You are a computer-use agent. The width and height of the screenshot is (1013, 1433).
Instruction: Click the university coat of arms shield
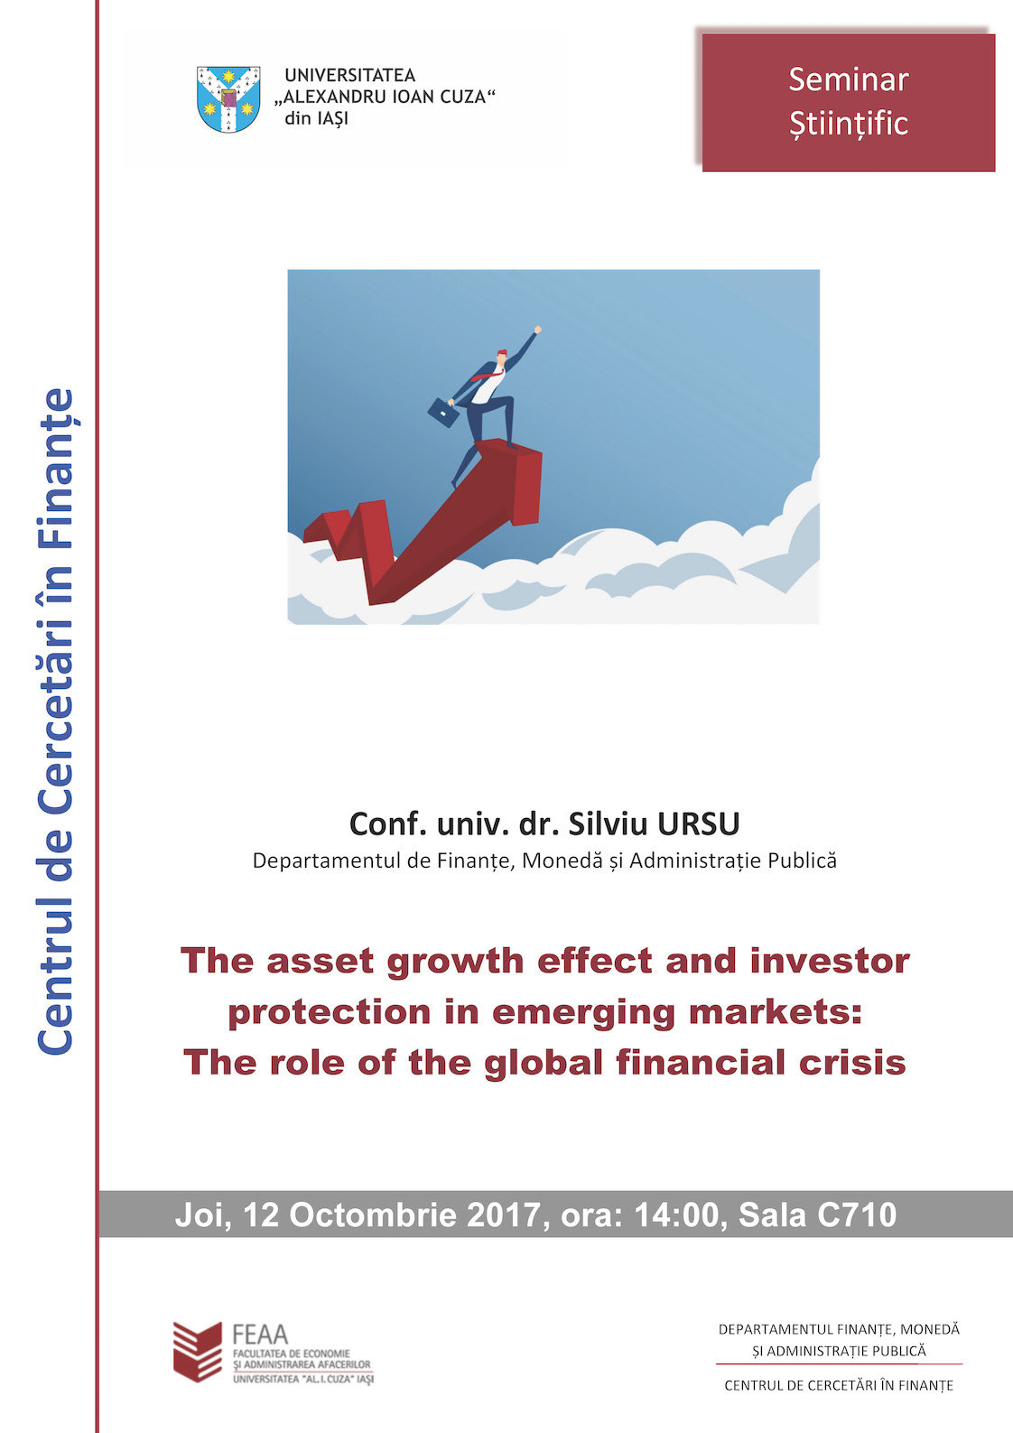click(228, 98)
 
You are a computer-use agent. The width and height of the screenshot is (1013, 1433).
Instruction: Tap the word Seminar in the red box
click(848, 79)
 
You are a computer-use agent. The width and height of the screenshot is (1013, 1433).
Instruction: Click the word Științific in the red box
click(848, 123)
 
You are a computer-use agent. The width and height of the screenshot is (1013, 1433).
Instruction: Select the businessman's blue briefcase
click(442, 412)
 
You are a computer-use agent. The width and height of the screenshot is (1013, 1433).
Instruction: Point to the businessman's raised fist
click(537, 330)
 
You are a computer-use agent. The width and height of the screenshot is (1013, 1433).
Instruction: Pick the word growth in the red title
click(455, 962)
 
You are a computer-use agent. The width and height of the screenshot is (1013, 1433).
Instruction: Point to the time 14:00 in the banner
click(676, 1214)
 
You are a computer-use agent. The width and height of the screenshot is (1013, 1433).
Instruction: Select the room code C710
click(857, 1214)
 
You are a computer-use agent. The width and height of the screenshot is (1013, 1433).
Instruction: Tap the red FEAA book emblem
click(198, 1352)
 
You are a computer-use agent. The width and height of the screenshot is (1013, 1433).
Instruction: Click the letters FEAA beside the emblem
click(260, 1335)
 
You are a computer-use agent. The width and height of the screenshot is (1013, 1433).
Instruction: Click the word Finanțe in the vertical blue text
click(56, 469)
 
